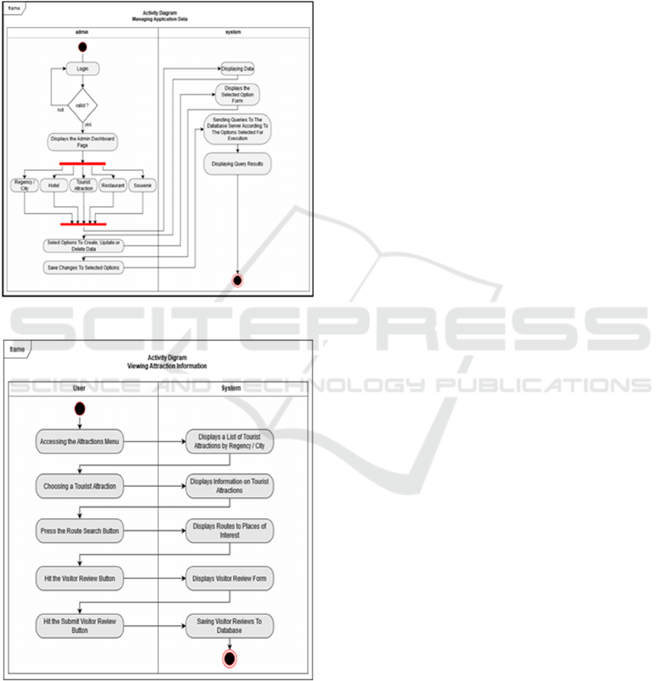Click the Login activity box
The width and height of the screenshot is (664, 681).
(x=83, y=69)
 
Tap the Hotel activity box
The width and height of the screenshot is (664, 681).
(x=54, y=186)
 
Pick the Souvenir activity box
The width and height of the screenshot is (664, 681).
(x=142, y=186)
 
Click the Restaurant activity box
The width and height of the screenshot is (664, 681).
(x=113, y=186)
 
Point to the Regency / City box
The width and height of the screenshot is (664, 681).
(x=24, y=186)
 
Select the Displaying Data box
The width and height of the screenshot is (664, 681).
(x=237, y=69)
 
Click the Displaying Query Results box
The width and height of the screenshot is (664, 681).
(x=237, y=164)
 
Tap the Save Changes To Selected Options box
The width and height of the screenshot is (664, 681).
(x=83, y=267)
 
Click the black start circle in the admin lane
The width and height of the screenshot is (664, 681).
(x=83, y=47)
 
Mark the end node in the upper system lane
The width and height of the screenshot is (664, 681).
(x=237, y=280)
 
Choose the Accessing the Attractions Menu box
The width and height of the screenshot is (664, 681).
(x=79, y=442)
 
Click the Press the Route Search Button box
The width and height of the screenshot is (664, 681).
(x=79, y=530)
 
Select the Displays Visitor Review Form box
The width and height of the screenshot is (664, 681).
(x=229, y=579)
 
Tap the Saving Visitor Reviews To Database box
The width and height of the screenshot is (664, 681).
(x=229, y=626)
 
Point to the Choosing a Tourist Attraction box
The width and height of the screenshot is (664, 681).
(x=79, y=486)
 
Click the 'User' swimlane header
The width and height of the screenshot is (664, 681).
(x=80, y=387)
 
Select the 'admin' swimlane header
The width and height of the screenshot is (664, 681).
(x=83, y=32)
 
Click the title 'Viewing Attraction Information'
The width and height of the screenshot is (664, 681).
(x=167, y=366)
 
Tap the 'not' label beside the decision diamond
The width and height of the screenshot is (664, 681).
(x=60, y=109)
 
